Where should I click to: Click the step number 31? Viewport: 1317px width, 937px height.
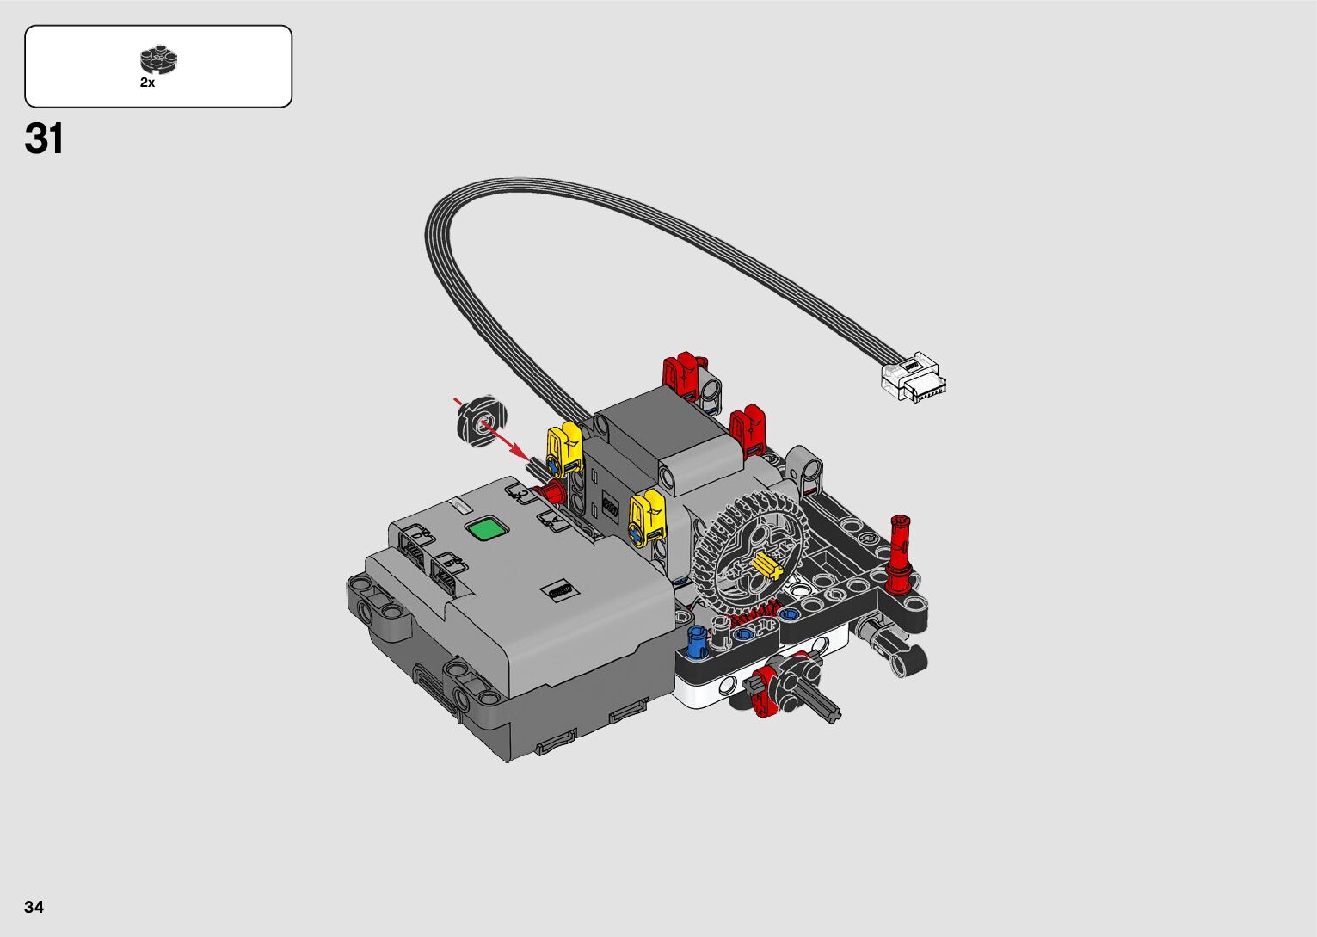[x=44, y=139]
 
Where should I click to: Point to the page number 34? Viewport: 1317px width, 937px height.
[x=34, y=906]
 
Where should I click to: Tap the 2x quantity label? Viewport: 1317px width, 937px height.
[x=147, y=83]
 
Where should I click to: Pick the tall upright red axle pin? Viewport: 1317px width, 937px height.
[x=898, y=553]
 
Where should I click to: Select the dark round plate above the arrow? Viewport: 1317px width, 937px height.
[x=482, y=421]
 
